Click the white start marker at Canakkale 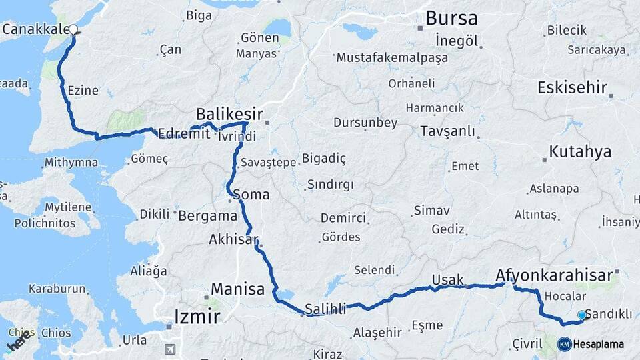coord(73,29)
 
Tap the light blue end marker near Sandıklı coord(581,315)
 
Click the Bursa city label coord(451,18)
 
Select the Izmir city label coord(197,316)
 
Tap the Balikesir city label coord(229,114)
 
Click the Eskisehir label coord(572,87)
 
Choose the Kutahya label coord(579,152)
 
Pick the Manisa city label coord(237,289)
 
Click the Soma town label coord(251,195)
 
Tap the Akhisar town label coord(233,239)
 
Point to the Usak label coord(447,280)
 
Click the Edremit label coord(184,133)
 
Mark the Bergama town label coord(207,215)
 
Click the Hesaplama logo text coord(598,345)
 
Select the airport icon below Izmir coord(170,349)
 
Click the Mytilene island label coord(68,207)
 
